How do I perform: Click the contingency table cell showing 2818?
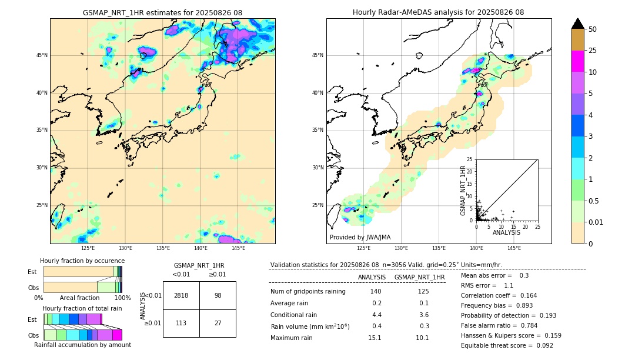[x=181, y=295]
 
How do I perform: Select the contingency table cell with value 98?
[x=218, y=295]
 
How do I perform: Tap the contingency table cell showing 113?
[x=181, y=322]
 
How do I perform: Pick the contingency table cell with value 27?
[x=218, y=322]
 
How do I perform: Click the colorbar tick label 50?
[x=593, y=29]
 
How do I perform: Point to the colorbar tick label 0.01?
[x=596, y=222]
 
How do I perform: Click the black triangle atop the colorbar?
[x=578, y=24]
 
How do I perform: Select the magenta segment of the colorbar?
[x=578, y=61]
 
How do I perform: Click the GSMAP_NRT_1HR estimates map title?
[x=162, y=12]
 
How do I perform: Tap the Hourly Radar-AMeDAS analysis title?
[x=439, y=12]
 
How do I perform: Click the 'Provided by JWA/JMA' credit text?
[x=360, y=238]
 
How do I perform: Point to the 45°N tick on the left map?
[x=42, y=55]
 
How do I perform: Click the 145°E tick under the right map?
[x=514, y=248]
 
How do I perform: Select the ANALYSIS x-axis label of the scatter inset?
[x=506, y=232]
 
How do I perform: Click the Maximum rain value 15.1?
[x=375, y=338]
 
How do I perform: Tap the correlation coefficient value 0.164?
[x=526, y=295]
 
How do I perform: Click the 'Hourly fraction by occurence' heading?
[x=82, y=261]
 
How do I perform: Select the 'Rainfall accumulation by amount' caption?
[x=82, y=345]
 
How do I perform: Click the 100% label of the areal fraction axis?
[x=122, y=298]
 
